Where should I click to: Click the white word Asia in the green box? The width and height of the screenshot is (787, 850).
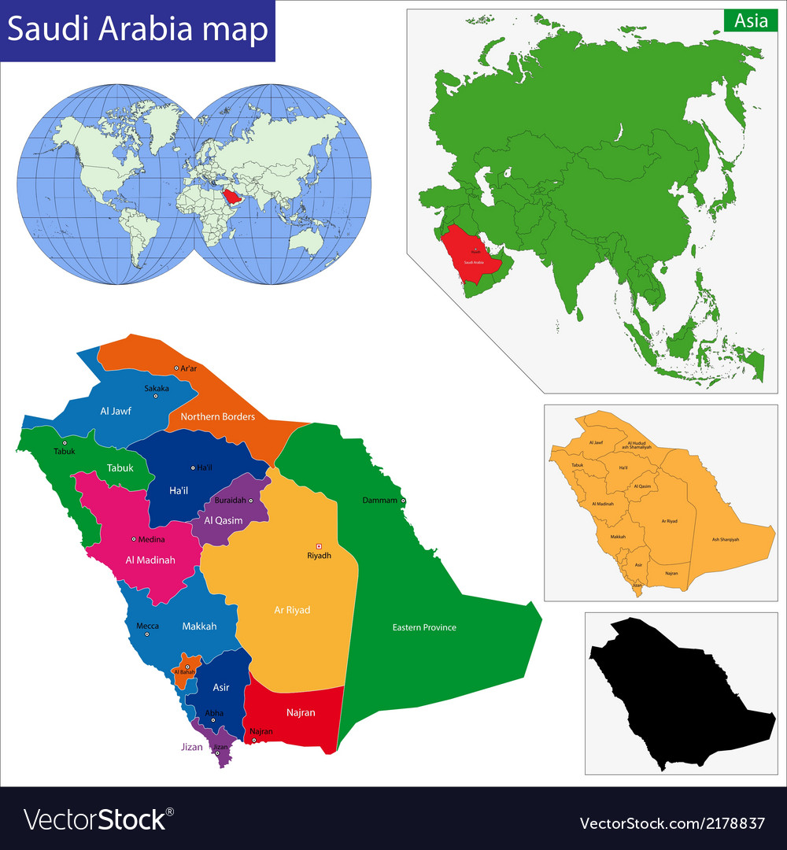click(751, 21)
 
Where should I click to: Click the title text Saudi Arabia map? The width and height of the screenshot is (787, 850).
click(138, 30)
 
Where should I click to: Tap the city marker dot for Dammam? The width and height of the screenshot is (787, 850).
click(403, 501)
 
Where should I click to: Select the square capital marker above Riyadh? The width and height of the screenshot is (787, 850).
click(319, 546)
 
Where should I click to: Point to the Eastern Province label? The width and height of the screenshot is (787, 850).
click(424, 627)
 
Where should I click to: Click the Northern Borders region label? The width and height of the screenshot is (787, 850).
click(218, 416)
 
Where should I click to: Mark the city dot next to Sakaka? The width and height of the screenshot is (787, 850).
click(156, 396)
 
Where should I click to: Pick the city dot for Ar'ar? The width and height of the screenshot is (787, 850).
click(176, 368)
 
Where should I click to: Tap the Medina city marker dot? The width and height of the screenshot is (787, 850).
click(134, 539)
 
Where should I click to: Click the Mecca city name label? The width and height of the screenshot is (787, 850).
click(147, 626)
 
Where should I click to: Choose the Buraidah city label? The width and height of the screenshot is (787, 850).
click(230, 501)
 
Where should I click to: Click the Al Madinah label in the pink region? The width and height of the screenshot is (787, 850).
click(150, 560)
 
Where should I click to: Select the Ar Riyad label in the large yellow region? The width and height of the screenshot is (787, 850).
click(292, 610)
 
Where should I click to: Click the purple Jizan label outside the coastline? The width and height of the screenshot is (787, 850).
click(190, 747)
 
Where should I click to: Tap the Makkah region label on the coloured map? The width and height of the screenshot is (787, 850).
click(199, 626)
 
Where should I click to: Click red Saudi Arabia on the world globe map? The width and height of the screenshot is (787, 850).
click(231, 195)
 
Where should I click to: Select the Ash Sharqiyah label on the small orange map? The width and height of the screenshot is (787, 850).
click(725, 539)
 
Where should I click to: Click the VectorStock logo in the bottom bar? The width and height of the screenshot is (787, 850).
click(98, 820)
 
